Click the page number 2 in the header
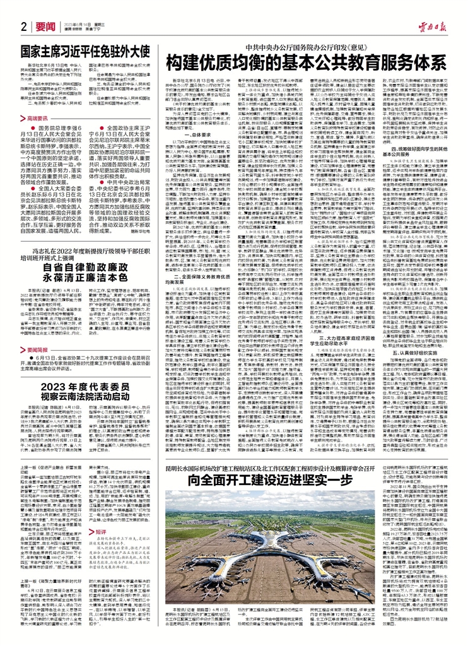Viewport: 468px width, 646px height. (23, 26)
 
